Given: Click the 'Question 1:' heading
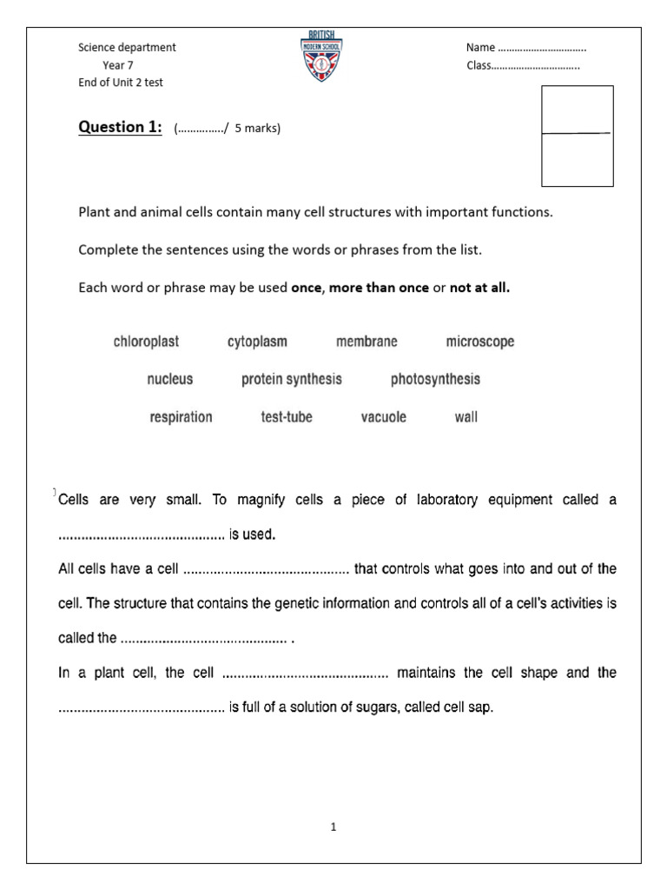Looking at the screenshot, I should point(120,128).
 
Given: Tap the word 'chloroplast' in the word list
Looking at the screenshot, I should point(146,342).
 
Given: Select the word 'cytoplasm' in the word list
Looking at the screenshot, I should point(257,342).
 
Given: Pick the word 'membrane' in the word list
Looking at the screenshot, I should point(367,342).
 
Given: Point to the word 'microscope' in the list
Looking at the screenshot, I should point(480,342).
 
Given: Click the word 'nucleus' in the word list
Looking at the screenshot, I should point(170,379).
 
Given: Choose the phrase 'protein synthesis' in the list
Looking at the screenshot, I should point(292,379).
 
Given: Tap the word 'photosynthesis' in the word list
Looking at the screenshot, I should point(435,379).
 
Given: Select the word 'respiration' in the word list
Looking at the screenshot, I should point(181,417).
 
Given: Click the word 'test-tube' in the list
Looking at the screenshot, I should point(287,417).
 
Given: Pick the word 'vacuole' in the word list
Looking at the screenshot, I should point(383,417).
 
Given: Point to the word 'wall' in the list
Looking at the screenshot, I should point(466,417).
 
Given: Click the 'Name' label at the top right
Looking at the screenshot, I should point(480,48).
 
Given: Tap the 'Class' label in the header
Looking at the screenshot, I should point(479,65).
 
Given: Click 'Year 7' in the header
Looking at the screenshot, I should point(118,65).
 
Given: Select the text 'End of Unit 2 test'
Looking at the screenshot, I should point(120,83).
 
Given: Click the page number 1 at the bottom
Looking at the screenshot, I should point(333,827).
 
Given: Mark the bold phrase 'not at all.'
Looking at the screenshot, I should point(479,288).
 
